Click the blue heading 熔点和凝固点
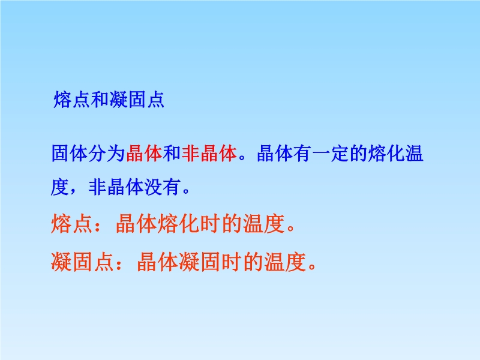point(109,100)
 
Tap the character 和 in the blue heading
point(100,100)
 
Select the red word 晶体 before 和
point(144,153)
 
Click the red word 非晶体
point(209,153)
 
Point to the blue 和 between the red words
point(172,153)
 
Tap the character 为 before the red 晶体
point(116,153)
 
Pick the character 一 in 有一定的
point(321,154)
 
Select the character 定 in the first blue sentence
point(340,153)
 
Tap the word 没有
point(163,187)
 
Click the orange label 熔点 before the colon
point(71,224)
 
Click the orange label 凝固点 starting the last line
point(82,262)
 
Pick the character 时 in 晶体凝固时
point(232,262)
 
